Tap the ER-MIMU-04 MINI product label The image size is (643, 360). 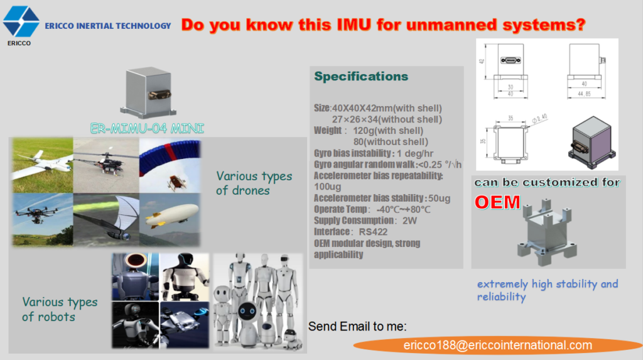pos(146,129)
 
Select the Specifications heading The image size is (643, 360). pos(361,77)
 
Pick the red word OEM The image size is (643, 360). pos(497,202)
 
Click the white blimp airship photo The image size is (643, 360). pos(169,219)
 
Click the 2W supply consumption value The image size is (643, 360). pos(409,221)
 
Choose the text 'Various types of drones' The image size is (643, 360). pos(254,183)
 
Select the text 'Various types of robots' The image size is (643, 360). pos(60,309)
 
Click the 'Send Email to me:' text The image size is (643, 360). pos(357,326)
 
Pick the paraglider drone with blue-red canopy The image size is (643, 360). pos(169,165)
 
